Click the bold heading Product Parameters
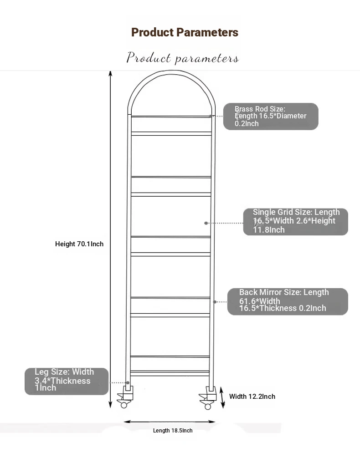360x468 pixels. tap(185, 32)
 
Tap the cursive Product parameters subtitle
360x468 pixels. tap(182, 58)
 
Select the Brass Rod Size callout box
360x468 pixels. tap(271, 117)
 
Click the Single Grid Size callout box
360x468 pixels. tap(296, 221)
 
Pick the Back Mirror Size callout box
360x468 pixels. tap(288, 301)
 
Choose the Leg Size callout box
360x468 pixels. tap(67, 381)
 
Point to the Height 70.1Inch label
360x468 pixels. tap(79, 244)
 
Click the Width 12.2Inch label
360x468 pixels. tap(252, 397)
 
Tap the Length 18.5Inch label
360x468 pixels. tap(173, 431)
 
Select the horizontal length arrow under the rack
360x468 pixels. tap(169, 422)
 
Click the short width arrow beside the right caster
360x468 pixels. tap(222, 397)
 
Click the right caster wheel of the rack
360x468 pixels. tap(208, 406)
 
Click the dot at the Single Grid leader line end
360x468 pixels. tap(206, 223)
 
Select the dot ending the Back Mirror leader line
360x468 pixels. tap(215, 302)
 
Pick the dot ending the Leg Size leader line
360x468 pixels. tap(128, 383)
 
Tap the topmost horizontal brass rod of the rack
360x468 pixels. tap(171, 117)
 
